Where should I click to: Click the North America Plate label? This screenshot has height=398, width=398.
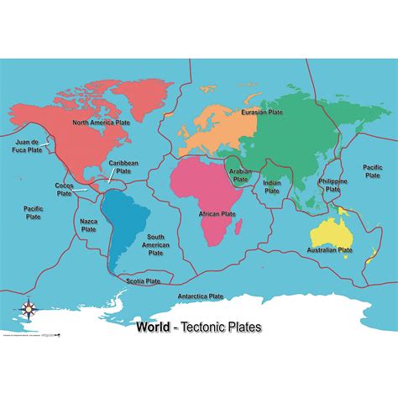click(x=101, y=123)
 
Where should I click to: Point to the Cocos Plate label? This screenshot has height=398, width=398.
click(x=64, y=189)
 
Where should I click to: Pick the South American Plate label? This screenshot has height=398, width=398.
click(x=156, y=244)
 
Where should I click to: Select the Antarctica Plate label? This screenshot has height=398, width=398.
click(x=201, y=296)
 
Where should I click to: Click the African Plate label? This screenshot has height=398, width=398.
click(x=217, y=214)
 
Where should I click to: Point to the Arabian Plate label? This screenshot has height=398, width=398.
click(x=241, y=174)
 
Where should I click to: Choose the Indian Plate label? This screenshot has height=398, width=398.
click(x=271, y=186)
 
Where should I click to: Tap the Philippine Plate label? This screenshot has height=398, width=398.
click(x=333, y=186)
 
